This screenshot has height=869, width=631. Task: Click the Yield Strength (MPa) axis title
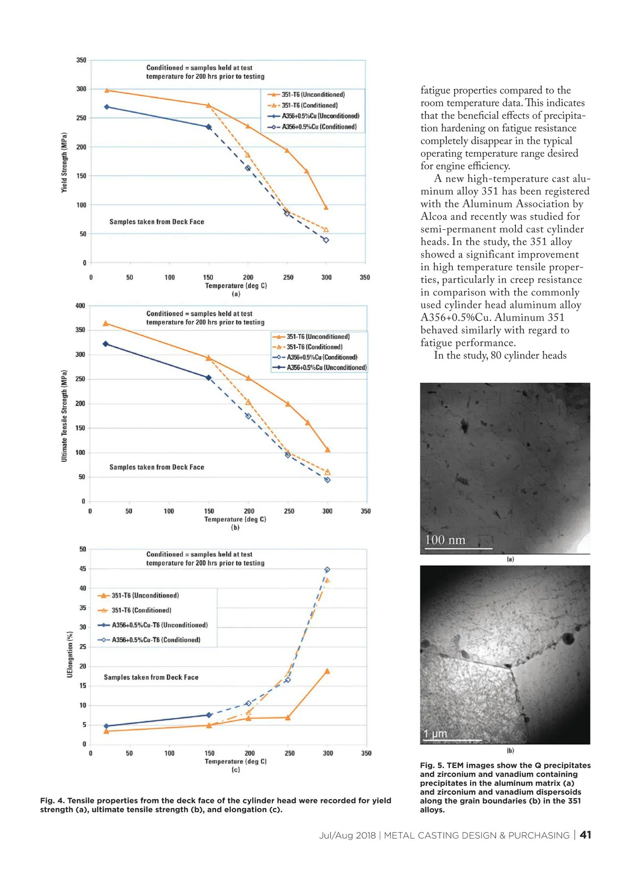pyautogui.click(x=64, y=162)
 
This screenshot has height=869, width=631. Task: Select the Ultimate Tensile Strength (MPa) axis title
pyautogui.click(x=64, y=416)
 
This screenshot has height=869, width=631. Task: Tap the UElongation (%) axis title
pyautogui.click(x=70, y=654)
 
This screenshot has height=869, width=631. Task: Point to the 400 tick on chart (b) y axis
pyautogui.click(x=80, y=306)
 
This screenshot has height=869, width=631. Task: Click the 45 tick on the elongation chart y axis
pyautogui.click(x=83, y=569)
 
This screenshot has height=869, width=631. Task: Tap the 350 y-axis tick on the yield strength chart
pyautogui.click(x=81, y=60)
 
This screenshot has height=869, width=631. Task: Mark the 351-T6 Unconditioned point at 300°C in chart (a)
pyautogui.click(x=326, y=208)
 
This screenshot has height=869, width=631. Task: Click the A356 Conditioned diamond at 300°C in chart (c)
pyautogui.click(x=327, y=570)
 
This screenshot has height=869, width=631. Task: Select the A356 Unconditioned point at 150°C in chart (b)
pyautogui.click(x=209, y=377)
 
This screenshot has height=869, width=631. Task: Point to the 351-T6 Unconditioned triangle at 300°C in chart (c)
pyautogui.click(x=327, y=671)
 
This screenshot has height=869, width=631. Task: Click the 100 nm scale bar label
pyautogui.click(x=445, y=540)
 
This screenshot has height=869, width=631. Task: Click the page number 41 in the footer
pyautogui.click(x=585, y=835)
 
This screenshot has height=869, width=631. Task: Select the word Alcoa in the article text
pyautogui.click(x=433, y=217)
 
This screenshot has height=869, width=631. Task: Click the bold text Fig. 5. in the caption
pyautogui.click(x=432, y=765)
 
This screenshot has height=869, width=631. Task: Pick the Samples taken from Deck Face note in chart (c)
pyautogui.click(x=151, y=677)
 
